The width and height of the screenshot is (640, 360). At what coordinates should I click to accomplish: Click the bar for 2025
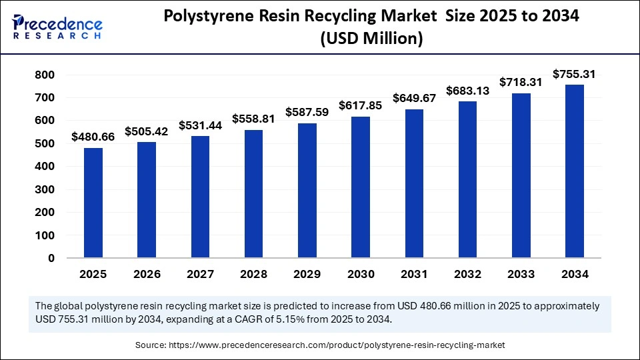[x=93, y=203]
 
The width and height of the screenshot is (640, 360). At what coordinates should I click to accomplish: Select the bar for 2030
[x=361, y=187]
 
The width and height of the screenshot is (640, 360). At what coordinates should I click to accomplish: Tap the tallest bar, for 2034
[x=575, y=171]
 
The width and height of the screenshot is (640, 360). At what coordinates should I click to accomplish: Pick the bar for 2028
[x=254, y=194]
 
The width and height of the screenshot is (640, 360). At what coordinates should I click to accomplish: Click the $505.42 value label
[x=147, y=131]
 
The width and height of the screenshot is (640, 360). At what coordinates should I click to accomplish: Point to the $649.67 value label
[x=414, y=98]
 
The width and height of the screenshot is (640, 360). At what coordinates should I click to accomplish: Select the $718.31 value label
[x=521, y=82]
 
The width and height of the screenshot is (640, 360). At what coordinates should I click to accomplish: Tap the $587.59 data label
[x=307, y=112]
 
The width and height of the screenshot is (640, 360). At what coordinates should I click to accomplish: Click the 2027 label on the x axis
[x=200, y=274]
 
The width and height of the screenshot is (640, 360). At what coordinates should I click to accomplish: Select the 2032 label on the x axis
[x=467, y=274]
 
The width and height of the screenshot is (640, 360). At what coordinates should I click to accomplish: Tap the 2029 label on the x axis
[x=307, y=274]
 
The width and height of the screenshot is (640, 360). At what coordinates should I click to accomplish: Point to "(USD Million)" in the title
[x=371, y=39]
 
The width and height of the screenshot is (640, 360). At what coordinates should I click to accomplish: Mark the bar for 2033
[x=521, y=175]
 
